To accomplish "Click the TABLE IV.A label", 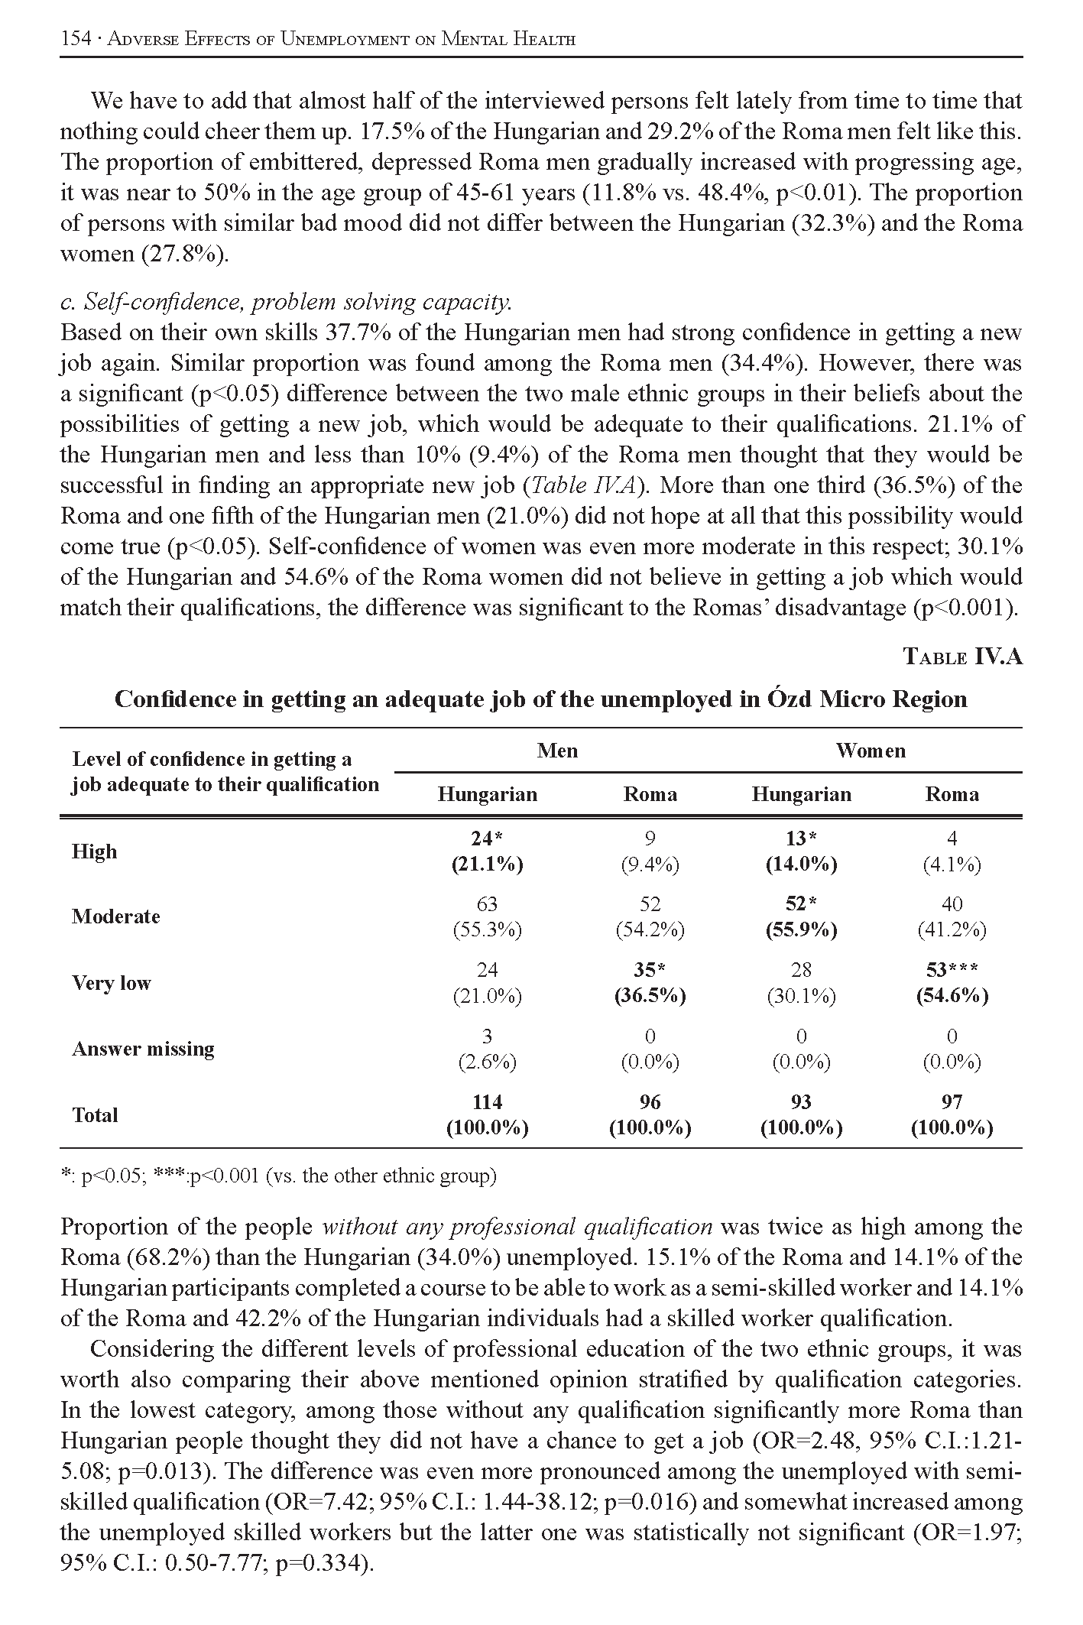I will (x=962, y=657).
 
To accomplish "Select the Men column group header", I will (x=557, y=751).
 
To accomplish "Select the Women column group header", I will (x=870, y=751).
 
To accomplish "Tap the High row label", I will (x=95, y=851).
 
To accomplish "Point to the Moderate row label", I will (x=116, y=916).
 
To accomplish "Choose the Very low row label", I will (x=112, y=983).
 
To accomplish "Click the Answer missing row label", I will (x=143, y=1049).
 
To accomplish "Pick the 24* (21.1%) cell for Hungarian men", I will (x=487, y=851).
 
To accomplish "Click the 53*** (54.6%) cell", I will (x=952, y=983).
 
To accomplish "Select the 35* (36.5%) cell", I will (x=650, y=983).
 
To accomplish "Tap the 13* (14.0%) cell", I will (x=801, y=851).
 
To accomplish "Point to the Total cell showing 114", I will (x=487, y=1114).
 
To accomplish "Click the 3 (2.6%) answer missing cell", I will (x=487, y=1049).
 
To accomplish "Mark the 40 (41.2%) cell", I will (x=952, y=916).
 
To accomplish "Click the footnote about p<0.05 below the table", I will (x=278, y=1176).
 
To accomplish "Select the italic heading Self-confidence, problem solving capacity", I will (x=286, y=303).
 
